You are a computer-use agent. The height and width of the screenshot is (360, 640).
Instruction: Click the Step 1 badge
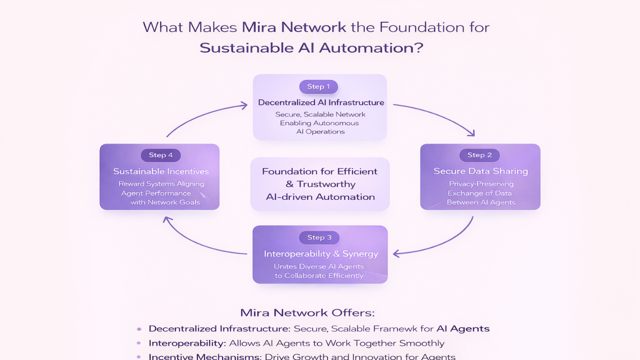(x=318, y=86)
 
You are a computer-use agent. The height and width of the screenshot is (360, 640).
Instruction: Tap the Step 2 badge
(x=479, y=155)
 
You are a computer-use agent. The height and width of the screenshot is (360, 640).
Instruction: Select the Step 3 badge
(x=319, y=237)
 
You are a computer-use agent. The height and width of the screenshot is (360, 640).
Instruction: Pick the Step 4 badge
(x=160, y=155)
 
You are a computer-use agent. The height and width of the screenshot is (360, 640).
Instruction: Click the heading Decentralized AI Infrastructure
(x=321, y=102)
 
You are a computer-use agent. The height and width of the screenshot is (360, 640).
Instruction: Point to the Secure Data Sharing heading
(x=480, y=171)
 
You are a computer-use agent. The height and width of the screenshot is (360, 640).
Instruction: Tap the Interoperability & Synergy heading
(x=321, y=254)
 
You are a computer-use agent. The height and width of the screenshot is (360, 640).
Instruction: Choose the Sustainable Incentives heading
(x=161, y=171)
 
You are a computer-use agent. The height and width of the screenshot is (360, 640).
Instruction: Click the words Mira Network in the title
(x=294, y=27)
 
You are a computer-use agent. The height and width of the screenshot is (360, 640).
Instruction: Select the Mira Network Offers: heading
(x=307, y=313)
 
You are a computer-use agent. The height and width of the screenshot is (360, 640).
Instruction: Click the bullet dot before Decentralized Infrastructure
(x=139, y=329)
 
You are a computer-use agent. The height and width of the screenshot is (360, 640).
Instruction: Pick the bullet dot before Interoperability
(x=139, y=343)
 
